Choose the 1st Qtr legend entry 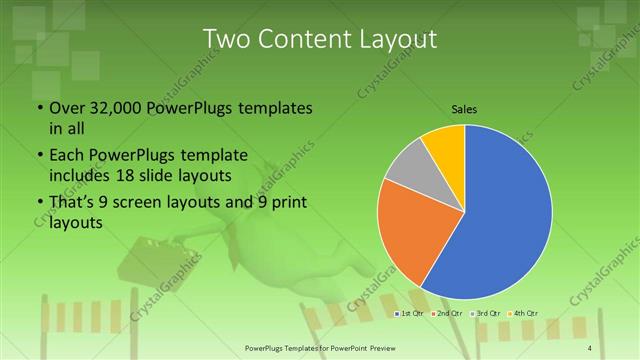[411, 314]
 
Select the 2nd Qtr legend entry [445, 314]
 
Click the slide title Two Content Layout [320, 38]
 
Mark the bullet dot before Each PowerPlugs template [38, 155]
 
